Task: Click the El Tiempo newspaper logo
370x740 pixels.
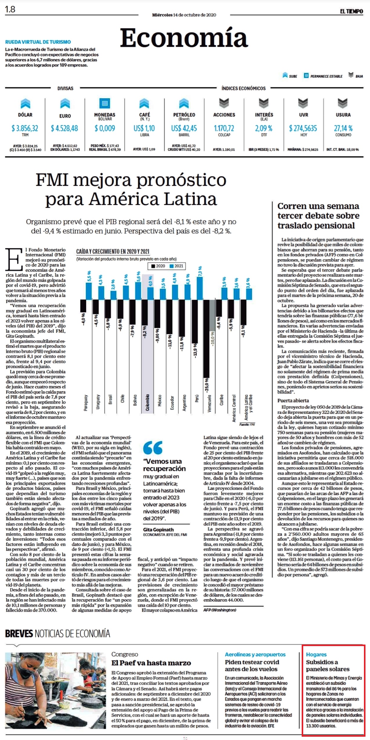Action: click(351, 11)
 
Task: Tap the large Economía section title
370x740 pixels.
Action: click(184, 38)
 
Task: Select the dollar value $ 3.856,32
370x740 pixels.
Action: click(25, 128)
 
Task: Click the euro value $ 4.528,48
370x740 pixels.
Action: click(64, 128)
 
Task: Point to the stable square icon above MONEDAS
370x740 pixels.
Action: click(105, 103)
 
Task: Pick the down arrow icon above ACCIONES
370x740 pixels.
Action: click(224, 103)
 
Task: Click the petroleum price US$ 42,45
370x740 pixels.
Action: click(184, 128)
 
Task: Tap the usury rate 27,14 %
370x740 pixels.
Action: click(343, 128)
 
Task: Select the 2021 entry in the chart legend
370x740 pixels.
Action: click(177, 266)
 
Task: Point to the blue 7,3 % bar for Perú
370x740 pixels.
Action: click(200, 288)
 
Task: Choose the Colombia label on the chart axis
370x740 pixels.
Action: click(148, 402)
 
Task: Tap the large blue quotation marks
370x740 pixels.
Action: click(153, 448)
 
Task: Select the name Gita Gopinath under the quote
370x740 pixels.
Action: click(158, 529)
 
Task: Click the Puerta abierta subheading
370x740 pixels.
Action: click(293, 401)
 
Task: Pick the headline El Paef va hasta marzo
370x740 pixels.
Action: click(151, 663)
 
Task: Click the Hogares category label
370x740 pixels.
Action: click(316, 655)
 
